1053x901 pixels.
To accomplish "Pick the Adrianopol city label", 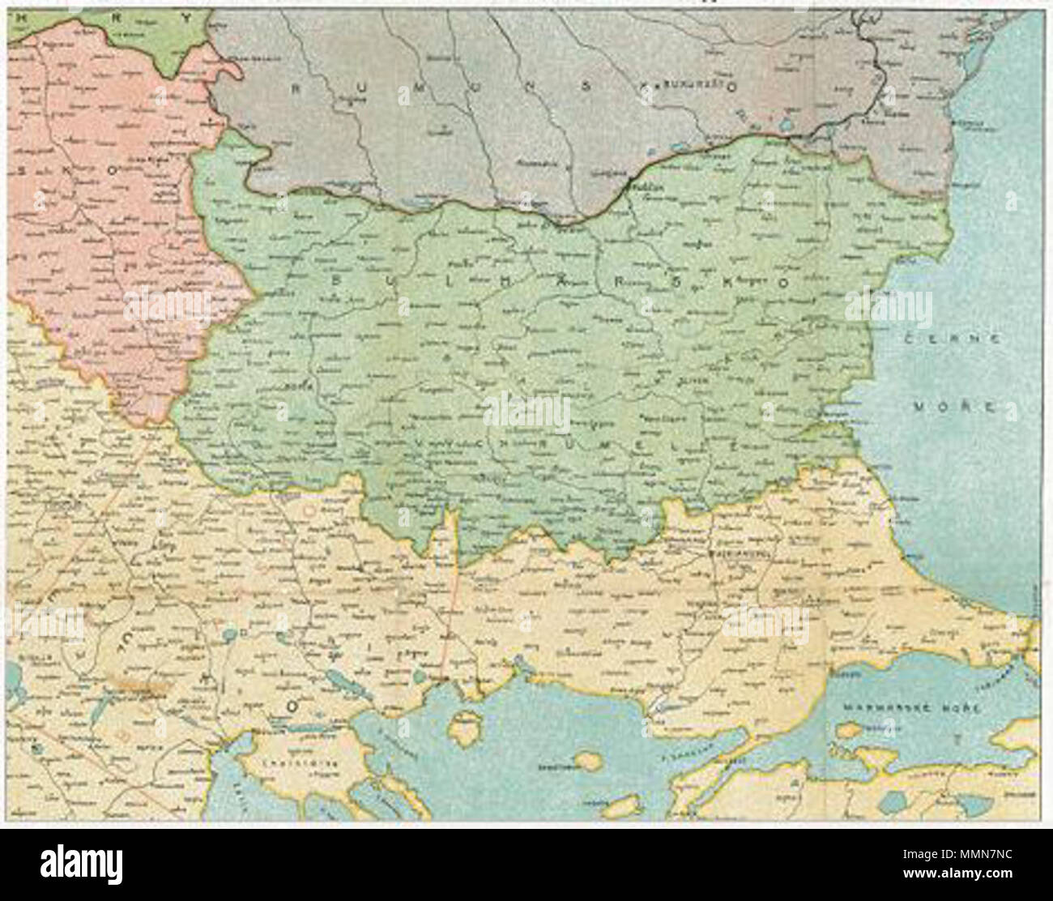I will [733, 555].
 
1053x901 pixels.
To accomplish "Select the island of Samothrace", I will [582, 762].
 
